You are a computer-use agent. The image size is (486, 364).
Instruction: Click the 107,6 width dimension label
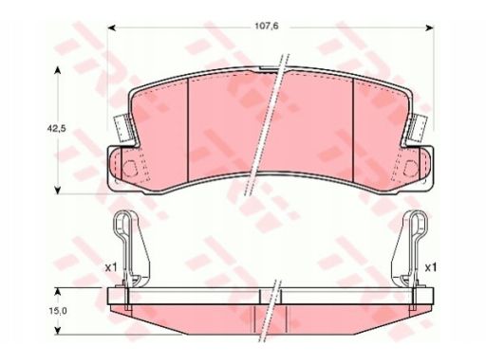pyautogui.click(x=267, y=26)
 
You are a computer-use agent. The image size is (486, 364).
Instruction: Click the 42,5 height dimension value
pyautogui.click(x=56, y=129)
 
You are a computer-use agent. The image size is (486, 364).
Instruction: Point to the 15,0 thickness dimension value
pyautogui.click(x=58, y=311)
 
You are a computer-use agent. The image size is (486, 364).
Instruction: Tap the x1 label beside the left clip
pyautogui.click(x=111, y=268)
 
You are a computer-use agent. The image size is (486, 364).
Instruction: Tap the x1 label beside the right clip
pyautogui.click(x=430, y=268)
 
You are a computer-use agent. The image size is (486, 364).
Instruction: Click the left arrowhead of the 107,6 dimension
pyautogui.click(x=111, y=28)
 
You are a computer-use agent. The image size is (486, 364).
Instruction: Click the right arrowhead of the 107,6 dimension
pyautogui.click(x=430, y=28)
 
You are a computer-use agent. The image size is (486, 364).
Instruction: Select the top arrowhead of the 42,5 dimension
pyautogui.click(x=57, y=70)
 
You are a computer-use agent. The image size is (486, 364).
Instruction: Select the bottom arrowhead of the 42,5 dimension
pyautogui.click(x=57, y=190)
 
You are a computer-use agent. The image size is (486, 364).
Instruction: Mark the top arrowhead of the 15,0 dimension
pyautogui.click(x=57, y=291)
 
